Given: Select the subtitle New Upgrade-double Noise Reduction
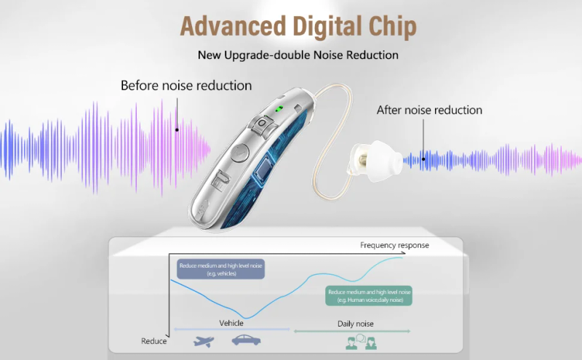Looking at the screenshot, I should tap(298, 55).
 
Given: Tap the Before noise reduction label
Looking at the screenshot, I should tap(186, 86).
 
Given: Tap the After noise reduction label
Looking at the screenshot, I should tap(429, 111).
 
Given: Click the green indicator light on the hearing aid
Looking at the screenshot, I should tap(279, 111).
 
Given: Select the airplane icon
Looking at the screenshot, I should tap(204, 340).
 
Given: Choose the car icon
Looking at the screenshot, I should tap(245, 340).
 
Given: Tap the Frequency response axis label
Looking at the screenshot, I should tap(394, 246).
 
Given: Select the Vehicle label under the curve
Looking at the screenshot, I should tap(231, 324).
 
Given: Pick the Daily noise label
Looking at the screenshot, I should tap(355, 324).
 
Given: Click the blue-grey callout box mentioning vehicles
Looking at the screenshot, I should tap(220, 269).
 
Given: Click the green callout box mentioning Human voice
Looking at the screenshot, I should tap(368, 295).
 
